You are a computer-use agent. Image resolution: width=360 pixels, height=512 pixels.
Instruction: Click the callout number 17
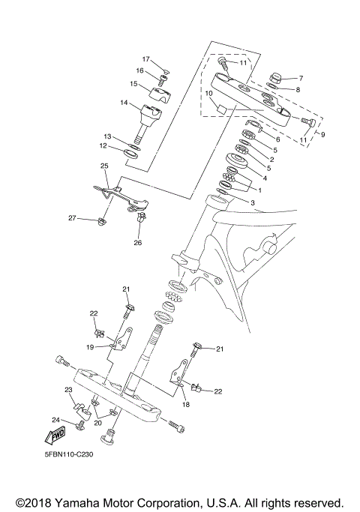point(147,59)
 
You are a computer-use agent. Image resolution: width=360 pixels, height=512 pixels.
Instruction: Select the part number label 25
point(105,166)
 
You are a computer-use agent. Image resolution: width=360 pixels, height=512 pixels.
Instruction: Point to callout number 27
point(73,217)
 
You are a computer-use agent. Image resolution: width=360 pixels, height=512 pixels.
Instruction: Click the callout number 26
point(137,242)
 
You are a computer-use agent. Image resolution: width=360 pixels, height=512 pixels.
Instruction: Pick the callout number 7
point(300,78)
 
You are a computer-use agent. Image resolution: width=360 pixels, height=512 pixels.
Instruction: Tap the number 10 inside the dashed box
point(209,94)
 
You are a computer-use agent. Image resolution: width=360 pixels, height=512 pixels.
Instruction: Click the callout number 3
point(252,202)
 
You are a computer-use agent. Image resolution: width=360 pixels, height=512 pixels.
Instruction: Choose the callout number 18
point(185,404)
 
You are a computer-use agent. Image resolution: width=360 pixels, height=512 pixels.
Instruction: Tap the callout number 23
point(67,390)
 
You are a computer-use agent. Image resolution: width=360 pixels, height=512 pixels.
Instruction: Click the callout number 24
point(55,420)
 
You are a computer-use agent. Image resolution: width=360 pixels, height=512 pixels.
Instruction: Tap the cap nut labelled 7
point(273,79)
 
